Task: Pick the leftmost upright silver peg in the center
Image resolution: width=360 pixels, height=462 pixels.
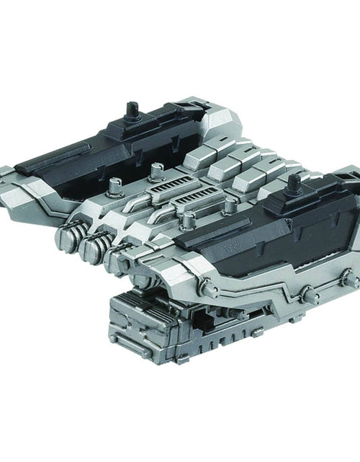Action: (113, 189)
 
